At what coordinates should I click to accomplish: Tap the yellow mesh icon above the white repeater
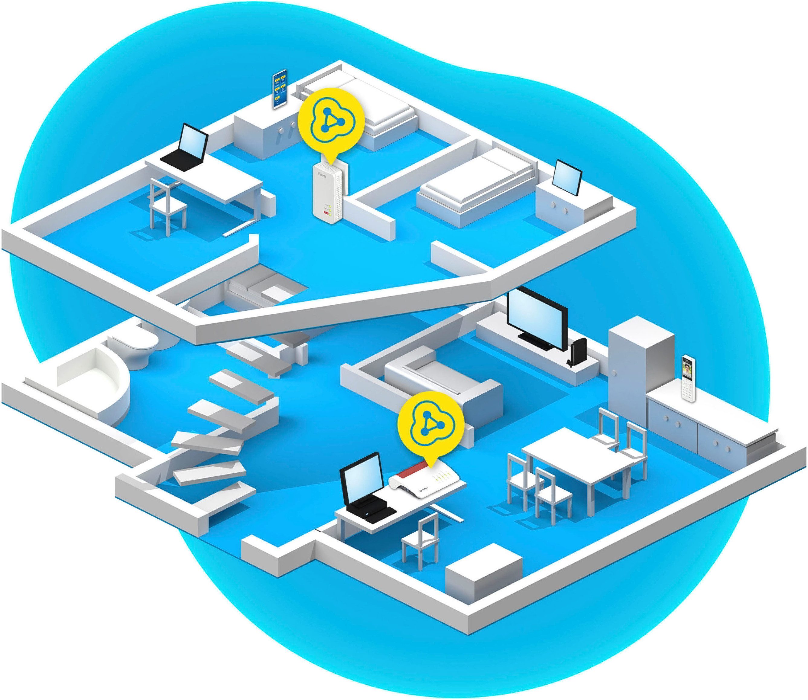pos(331,121)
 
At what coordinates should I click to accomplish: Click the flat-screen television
pos(537,318)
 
